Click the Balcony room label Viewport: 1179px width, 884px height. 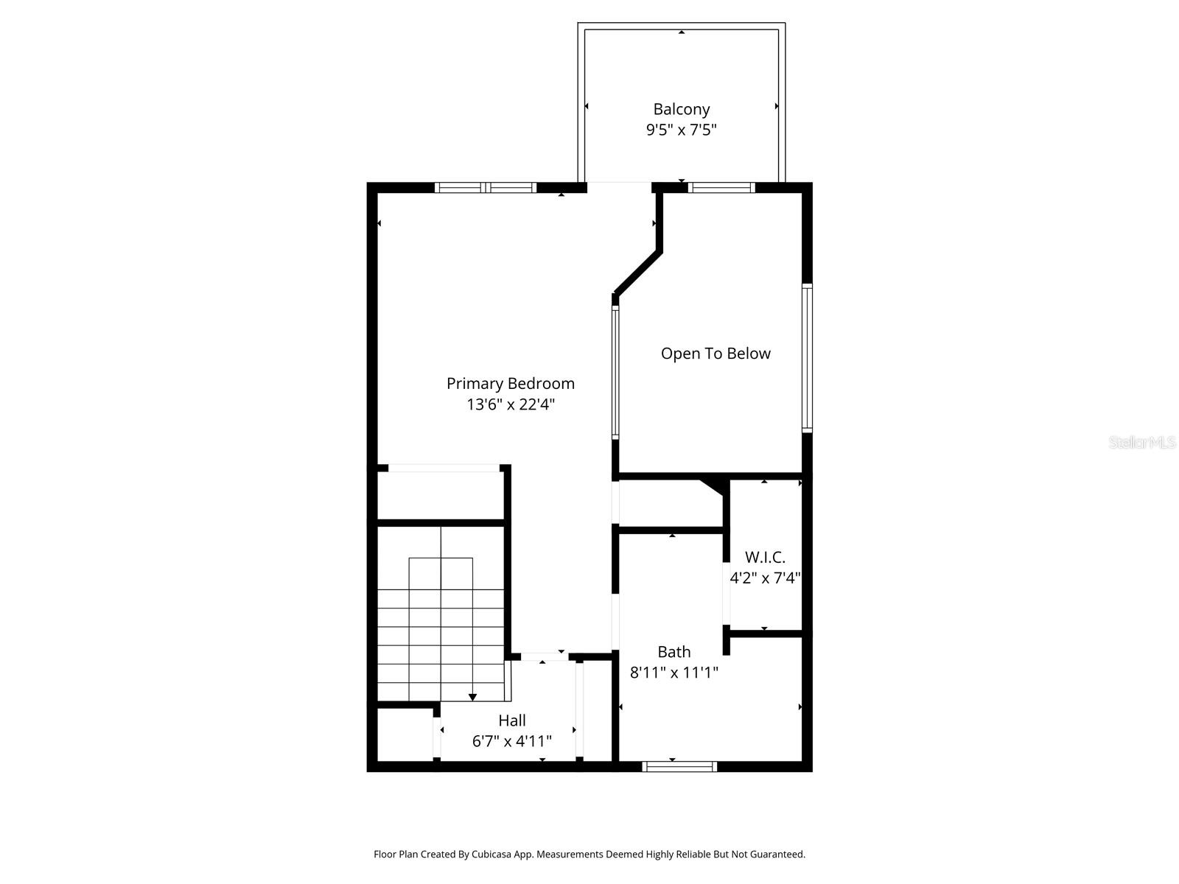pyautogui.click(x=681, y=109)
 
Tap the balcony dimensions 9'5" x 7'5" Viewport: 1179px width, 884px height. pyautogui.click(x=681, y=130)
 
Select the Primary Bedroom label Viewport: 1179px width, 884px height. pyautogui.click(x=510, y=383)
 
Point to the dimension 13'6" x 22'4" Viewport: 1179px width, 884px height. pyautogui.click(x=510, y=404)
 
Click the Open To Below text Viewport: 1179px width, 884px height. pyautogui.click(x=715, y=354)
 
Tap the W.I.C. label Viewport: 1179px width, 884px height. pyautogui.click(x=765, y=557)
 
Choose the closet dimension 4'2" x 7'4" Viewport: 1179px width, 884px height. pyautogui.click(x=765, y=578)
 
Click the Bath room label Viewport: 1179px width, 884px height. pyautogui.click(x=674, y=651)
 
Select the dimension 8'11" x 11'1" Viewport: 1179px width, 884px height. pyautogui.click(x=674, y=673)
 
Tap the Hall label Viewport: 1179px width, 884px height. pyautogui.click(x=511, y=720)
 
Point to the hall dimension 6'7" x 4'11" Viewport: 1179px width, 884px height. pyautogui.click(x=511, y=741)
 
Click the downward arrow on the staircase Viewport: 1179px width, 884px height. pyautogui.click(x=472, y=696)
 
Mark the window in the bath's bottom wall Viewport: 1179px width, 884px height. pyautogui.click(x=679, y=767)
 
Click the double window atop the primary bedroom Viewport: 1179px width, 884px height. pyautogui.click(x=486, y=188)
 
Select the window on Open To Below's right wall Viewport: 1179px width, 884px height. pyautogui.click(x=807, y=357)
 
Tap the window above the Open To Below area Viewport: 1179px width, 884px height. pyautogui.click(x=721, y=188)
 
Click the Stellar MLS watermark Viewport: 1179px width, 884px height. pyautogui.click(x=1141, y=443)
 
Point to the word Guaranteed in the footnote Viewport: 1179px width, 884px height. pyautogui.click(x=777, y=855)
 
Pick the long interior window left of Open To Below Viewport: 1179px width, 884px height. pyautogui.click(x=615, y=373)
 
